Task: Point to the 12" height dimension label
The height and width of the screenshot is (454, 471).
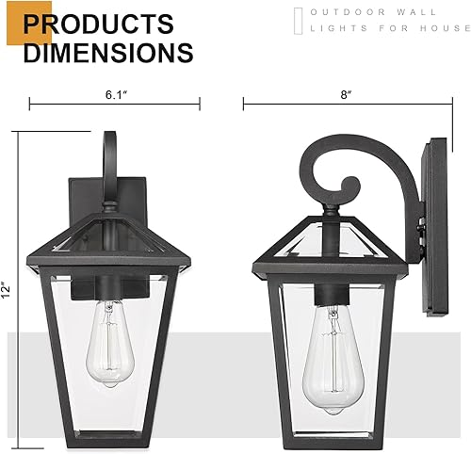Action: coord(8,286)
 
